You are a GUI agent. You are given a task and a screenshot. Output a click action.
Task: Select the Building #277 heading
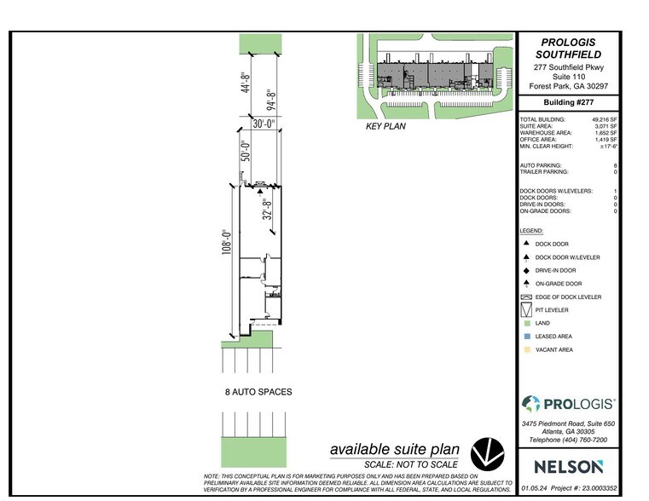[568, 102]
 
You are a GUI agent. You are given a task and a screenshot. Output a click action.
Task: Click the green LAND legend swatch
[526, 324]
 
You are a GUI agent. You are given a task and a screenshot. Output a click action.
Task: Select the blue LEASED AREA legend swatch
[526, 337]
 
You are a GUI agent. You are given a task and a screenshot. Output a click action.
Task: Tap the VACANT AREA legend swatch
[526, 349]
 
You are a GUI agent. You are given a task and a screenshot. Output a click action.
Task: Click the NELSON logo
[568, 466]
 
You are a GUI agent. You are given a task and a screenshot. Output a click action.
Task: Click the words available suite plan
[394, 449]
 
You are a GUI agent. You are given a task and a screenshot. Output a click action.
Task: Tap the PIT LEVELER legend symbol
[526, 309]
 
